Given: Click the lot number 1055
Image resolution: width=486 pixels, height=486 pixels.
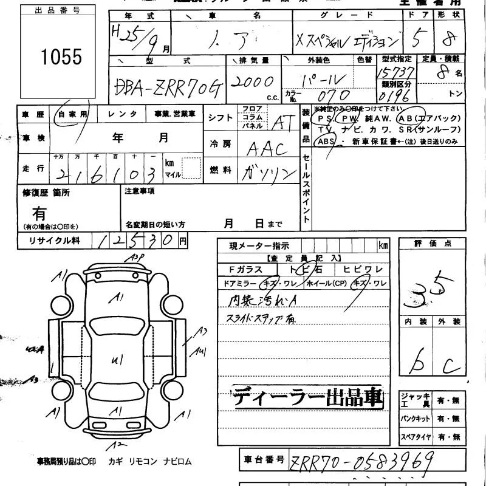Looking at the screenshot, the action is click(61, 56).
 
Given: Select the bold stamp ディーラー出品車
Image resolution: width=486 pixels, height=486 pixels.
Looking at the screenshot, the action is click(309, 398).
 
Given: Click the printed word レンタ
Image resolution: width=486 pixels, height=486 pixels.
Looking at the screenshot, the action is click(122, 114).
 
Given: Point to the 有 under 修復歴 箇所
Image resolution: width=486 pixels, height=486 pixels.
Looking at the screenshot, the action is click(39, 214).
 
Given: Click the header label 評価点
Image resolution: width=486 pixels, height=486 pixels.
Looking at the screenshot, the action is click(433, 244).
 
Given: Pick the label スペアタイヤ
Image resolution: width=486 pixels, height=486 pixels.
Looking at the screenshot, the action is click(415, 437).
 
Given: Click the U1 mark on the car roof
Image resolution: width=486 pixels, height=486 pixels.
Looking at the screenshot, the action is click(117, 360).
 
